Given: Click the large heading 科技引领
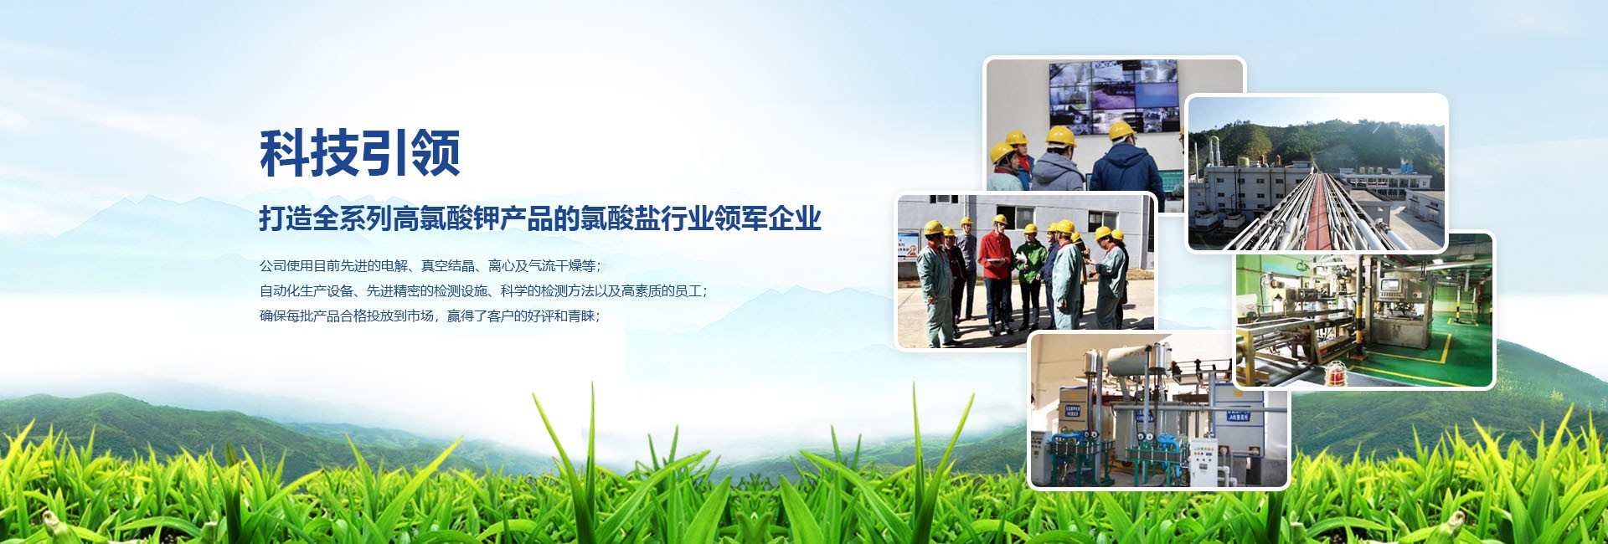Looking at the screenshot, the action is point(360,153).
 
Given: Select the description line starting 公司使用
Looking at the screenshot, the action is point(430,266).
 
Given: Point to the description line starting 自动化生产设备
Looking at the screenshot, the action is point(484,291).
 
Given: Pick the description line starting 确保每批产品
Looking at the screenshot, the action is point(430,316).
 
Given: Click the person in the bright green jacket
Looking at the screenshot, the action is point(1028,276).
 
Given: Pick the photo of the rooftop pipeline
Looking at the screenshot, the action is point(1317,172).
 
